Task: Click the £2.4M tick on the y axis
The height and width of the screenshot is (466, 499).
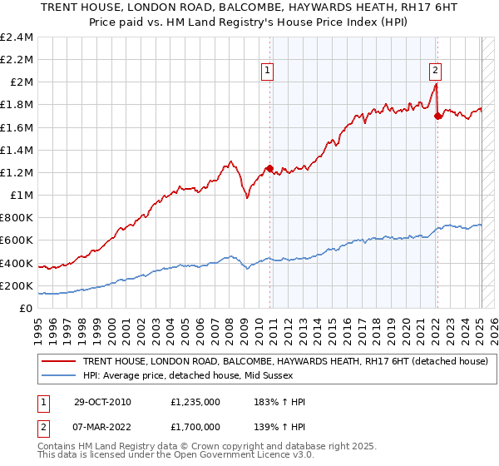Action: point(17,37)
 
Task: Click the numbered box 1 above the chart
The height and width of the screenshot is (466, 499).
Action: point(268,71)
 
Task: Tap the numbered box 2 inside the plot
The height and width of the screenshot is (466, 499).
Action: point(435,71)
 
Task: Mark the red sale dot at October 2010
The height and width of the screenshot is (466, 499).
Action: point(269,169)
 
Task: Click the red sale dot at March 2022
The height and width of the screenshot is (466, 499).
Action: point(437,116)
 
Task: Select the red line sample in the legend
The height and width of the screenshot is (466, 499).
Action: point(60,361)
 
